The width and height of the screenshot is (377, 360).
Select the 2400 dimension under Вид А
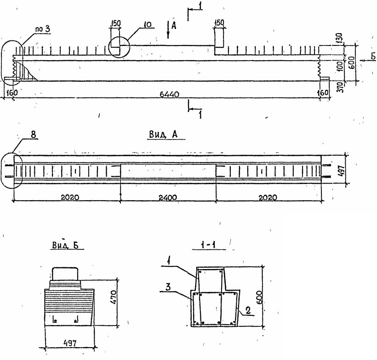(x=167, y=197)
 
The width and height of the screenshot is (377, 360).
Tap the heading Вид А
(x=164, y=134)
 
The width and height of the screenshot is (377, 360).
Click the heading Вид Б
(x=63, y=246)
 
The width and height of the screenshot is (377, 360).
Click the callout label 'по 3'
(x=42, y=30)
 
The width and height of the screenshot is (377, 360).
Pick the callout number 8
(x=34, y=135)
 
